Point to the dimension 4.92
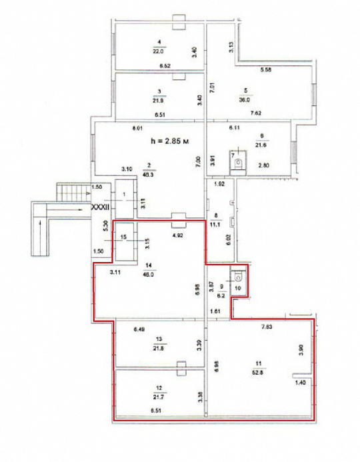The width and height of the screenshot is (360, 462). pos(179,235)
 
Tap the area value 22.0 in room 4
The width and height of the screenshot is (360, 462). pos(158,51)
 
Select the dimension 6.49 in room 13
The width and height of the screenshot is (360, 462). pos(139,329)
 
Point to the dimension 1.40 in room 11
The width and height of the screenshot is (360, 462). pos(299,383)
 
